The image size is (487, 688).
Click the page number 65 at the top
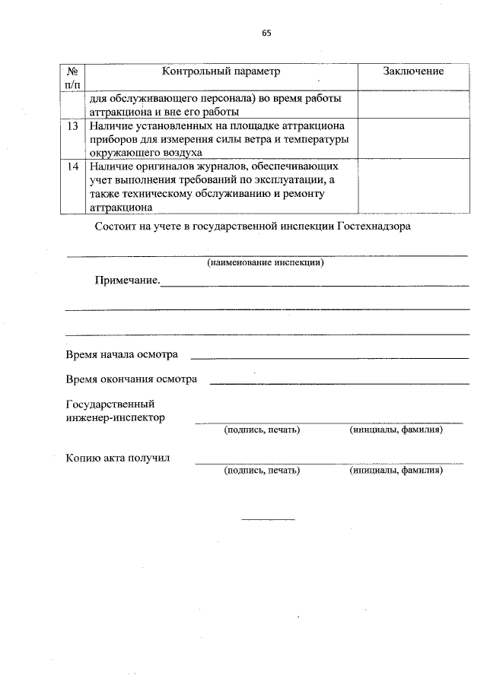pos(266,33)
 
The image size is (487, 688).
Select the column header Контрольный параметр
pos(221,71)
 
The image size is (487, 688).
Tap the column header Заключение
pos(413,71)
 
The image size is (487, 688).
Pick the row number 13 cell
pos(72,126)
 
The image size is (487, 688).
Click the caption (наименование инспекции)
pos(266,263)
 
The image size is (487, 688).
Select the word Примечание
pos(127,281)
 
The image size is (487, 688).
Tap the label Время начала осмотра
pos(123,355)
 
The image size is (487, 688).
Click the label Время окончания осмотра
pos(132,379)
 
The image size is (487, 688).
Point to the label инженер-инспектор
pos(116,417)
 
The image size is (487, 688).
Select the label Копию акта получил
pos(118,458)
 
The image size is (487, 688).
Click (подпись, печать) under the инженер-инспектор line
pos(262,430)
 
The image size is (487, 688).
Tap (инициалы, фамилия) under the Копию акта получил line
pos(396,471)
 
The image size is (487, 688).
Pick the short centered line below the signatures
pos(268,519)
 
